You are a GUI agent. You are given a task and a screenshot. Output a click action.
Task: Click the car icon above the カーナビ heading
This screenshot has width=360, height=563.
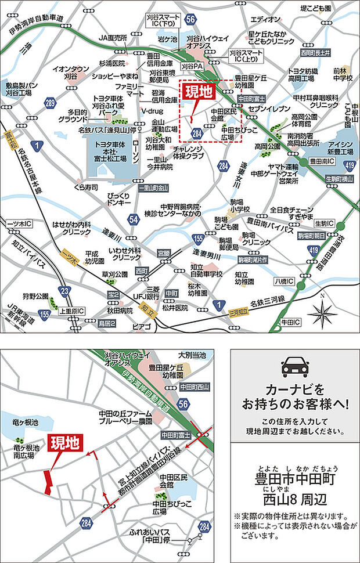(294, 367)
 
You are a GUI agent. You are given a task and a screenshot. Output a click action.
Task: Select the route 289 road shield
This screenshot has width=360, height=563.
(51, 104)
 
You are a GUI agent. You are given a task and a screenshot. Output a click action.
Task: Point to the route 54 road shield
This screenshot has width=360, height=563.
(134, 219)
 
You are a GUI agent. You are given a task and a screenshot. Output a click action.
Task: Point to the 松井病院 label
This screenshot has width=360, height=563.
(177, 307)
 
